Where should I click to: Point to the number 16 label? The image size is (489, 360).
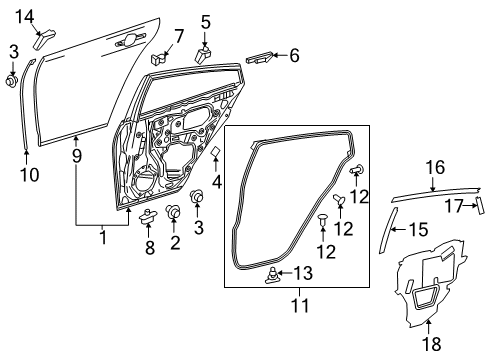434,168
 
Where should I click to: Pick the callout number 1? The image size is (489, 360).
101,238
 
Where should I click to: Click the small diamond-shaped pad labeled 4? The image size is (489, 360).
215,151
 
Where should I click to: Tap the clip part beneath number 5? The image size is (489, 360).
205,51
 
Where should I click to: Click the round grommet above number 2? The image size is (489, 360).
173,211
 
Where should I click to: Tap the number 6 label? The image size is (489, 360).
294,57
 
